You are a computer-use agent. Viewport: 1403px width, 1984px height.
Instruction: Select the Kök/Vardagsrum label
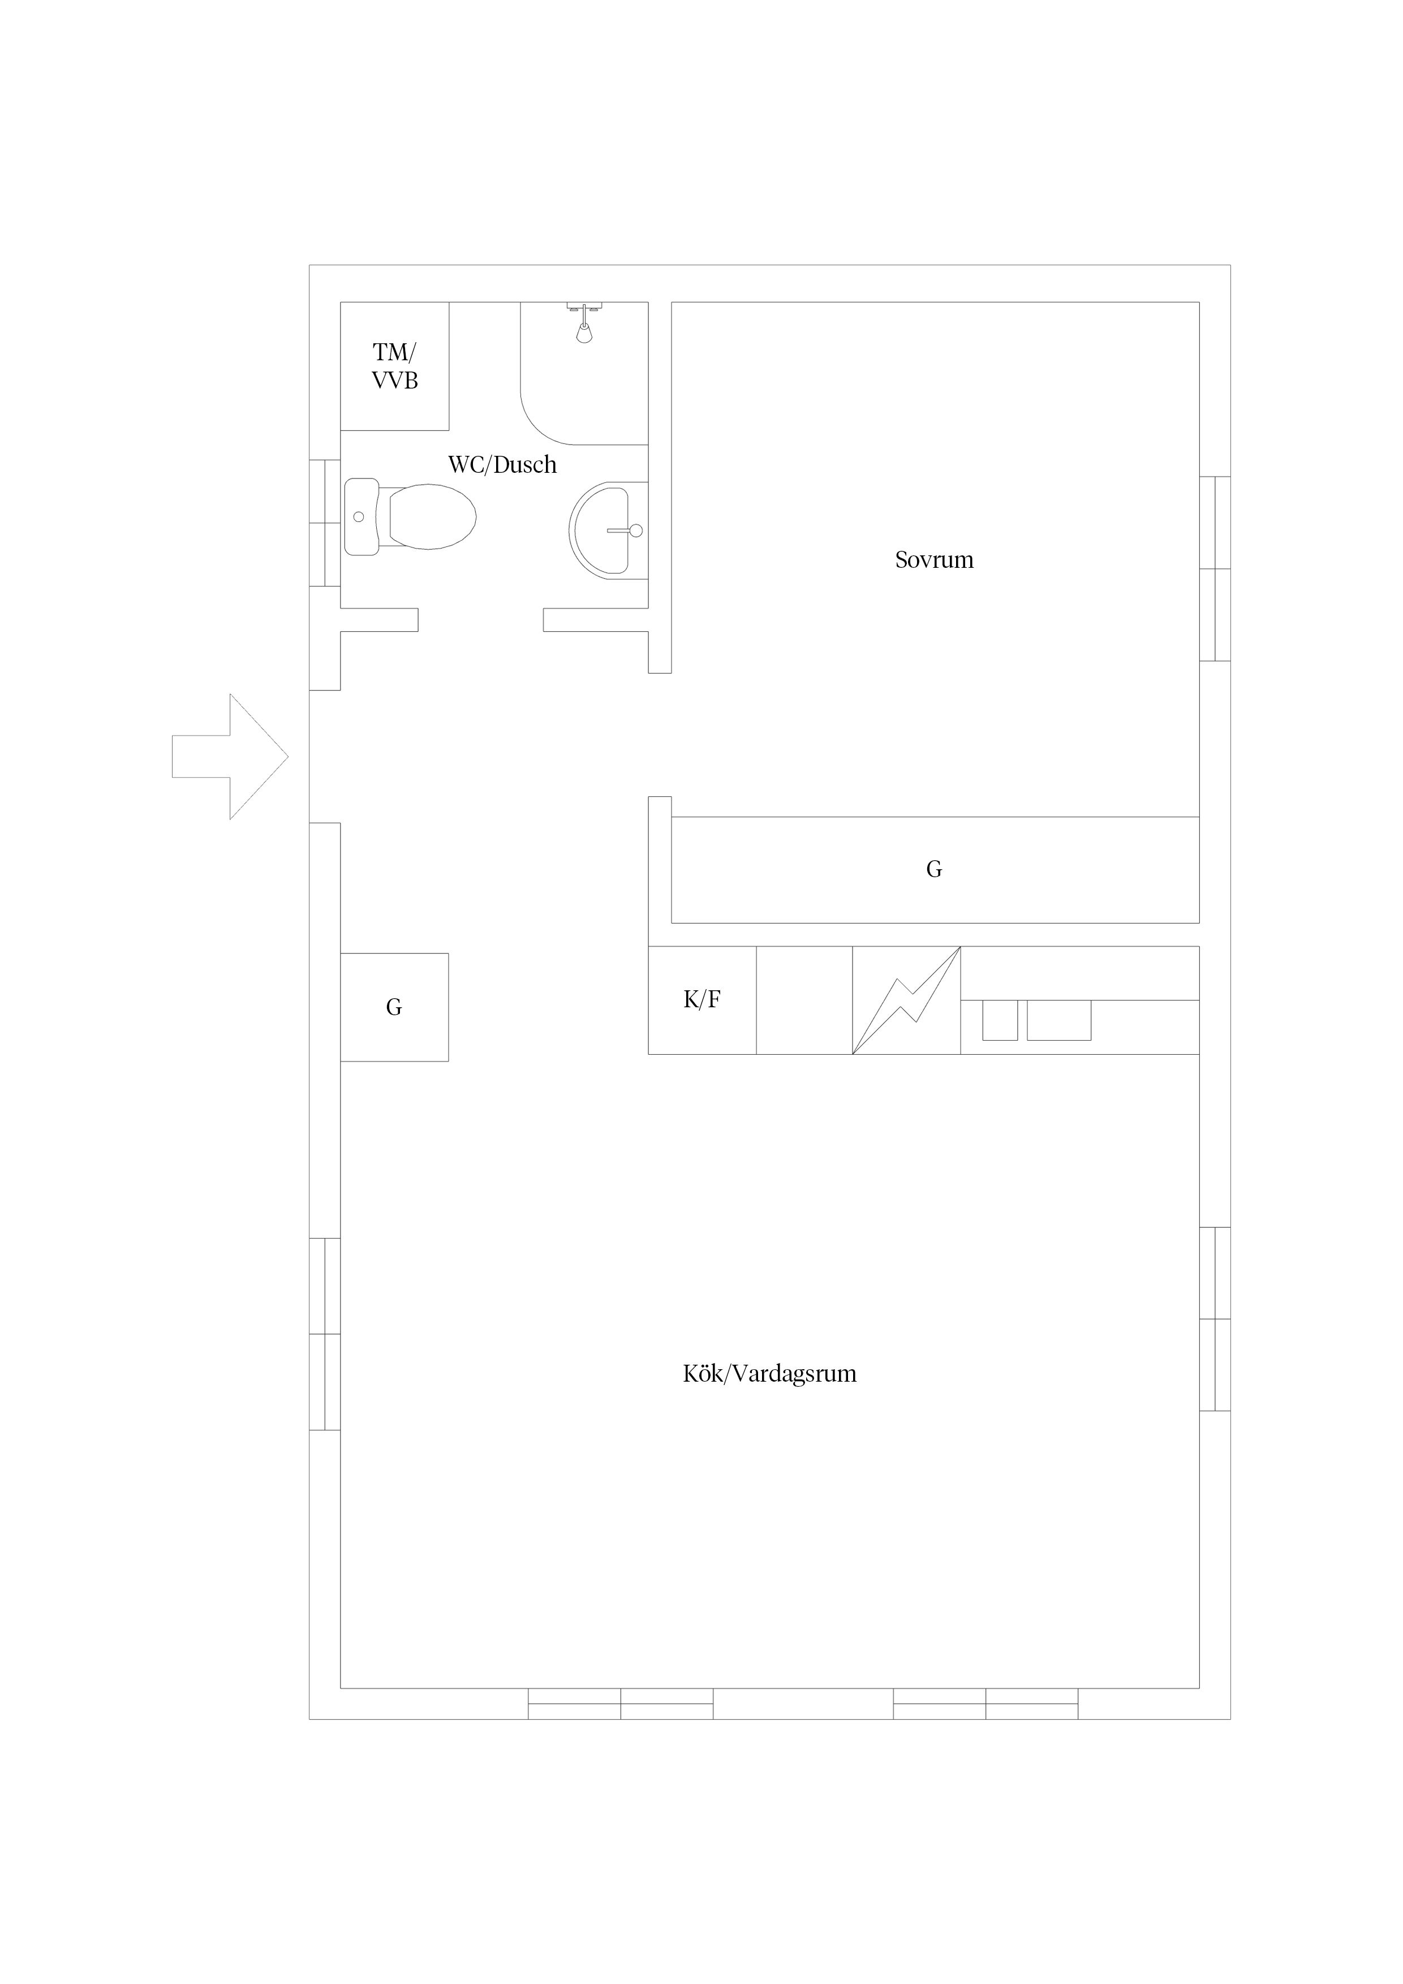point(769,1374)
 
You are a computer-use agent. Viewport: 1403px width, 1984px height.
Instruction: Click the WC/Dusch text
point(502,465)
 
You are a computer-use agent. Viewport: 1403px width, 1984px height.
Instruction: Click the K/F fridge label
point(702,1000)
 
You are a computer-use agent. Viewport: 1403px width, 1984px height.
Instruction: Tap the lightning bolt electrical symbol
point(906,1000)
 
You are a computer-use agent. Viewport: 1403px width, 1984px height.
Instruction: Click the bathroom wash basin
point(608,530)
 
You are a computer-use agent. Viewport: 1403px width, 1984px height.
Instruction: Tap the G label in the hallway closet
point(394,1008)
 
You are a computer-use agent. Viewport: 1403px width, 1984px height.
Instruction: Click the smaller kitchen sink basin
point(1000,1020)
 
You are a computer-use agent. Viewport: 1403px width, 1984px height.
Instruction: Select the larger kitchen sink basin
point(1059,1020)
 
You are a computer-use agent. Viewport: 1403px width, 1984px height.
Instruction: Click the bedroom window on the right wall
point(1215,568)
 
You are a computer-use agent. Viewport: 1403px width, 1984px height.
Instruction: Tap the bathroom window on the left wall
point(325,523)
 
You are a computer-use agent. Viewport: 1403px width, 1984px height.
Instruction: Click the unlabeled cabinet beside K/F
point(805,1000)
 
